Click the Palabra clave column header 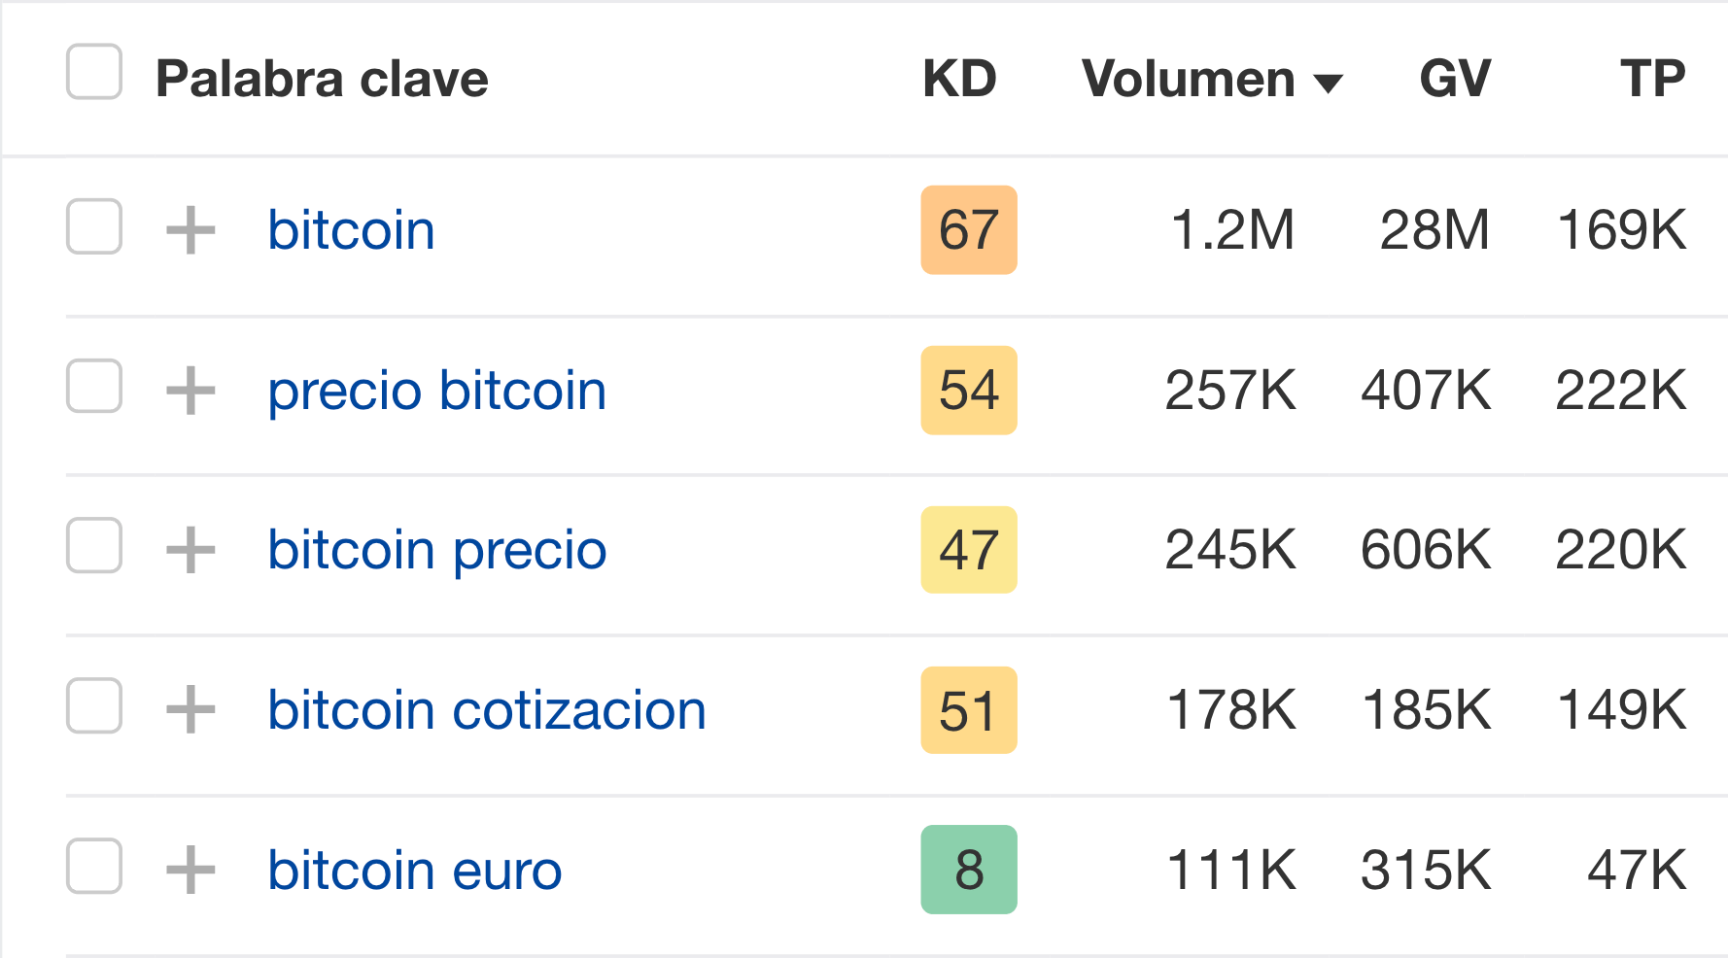pyautogui.click(x=322, y=79)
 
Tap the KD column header pyautogui.click(x=959, y=79)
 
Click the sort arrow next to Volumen pyautogui.click(x=1328, y=84)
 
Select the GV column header pyautogui.click(x=1455, y=79)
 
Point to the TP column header pyautogui.click(x=1652, y=79)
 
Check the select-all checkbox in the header pyautogui.click(x=94, y=72)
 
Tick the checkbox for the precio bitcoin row pyautogui.click(x=94, y=387)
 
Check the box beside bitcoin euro pyautogui.click(x=94, y=866)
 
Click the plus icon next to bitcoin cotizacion pyautogui.click(x=190, y=709)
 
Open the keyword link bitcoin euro pyautogui.click(x=415, y=870)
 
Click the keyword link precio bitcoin pyautogui.click(x=437, y=391)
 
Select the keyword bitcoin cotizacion pyautogui.click(x=487, y=710)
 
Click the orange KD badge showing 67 pyautogui.click(x=969, y=230)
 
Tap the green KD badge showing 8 pyautogui.click(x=969, y=870)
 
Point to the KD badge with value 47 pyautogui.click(x=969, y=550)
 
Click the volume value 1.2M pyautogui.click(x=1232, y=230)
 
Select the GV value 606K pyautogui.click(x=1426, y=550)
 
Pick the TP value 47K pyautogui.click(x=1637, y=870)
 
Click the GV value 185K pyautogui.click(x=1426, y=710)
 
